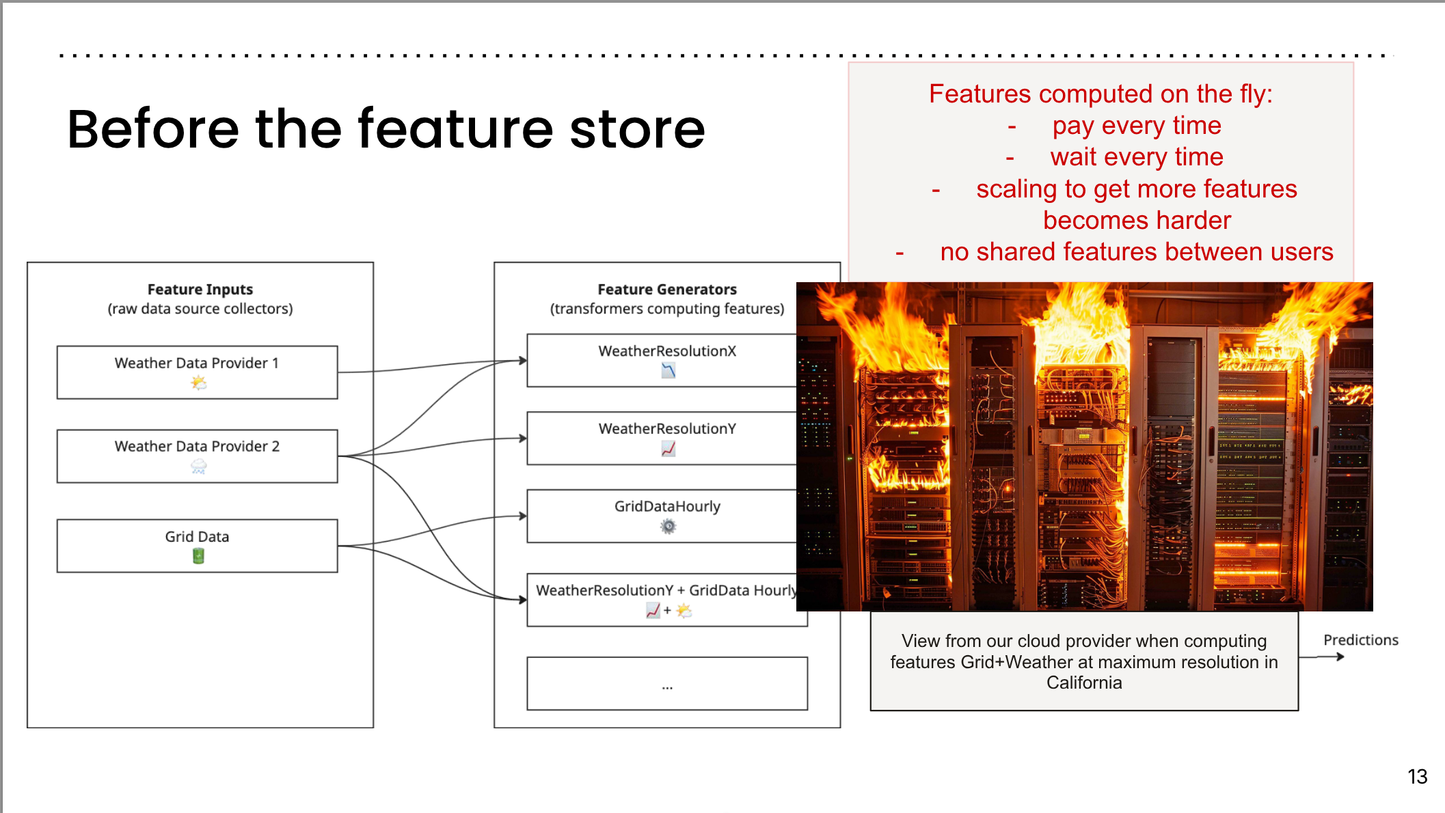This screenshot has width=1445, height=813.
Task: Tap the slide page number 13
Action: coord(1417,777)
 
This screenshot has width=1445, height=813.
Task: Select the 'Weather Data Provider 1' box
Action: coord(197,372)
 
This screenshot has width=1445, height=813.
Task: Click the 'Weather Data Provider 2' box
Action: coord(197,456)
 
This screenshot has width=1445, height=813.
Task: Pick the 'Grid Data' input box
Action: coord(197,545)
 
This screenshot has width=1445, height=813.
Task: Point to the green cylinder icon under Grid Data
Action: coord(198,556)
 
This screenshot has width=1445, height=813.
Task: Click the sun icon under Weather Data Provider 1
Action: coord(198,383)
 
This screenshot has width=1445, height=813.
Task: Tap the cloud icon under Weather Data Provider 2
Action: coord(198,467)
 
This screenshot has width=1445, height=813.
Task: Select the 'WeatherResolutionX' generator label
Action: coord(667,351)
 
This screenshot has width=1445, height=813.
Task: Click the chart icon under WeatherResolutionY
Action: coord(668,449)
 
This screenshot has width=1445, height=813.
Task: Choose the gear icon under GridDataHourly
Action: coord(668,526)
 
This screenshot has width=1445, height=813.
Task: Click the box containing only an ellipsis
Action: coord(667,683)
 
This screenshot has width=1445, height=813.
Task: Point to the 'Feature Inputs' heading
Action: coord(200,290)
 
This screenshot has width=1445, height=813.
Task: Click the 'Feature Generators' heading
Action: coord(667,290)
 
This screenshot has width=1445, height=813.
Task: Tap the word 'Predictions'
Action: coord(1360,640)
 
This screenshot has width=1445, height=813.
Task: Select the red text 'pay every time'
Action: coord(1136,126)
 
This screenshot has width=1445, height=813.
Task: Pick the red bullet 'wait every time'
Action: coord(1136,157)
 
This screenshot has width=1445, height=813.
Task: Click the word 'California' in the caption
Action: coord(1084,683)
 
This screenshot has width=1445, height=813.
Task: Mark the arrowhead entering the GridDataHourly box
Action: coord(523,516)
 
